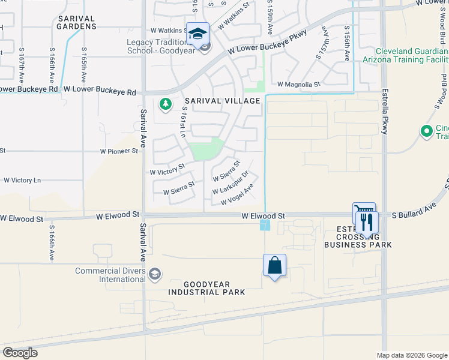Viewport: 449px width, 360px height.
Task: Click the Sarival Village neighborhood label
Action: (x=222, y=101)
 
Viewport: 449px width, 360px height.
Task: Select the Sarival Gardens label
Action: (x=77, y=23)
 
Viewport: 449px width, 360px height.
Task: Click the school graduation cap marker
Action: (x=197, y=34)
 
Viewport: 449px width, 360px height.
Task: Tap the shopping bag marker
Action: (x=274, y=265)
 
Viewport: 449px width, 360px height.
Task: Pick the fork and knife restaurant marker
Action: (x=366, y=222)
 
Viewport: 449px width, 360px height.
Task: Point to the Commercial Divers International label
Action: (x=110, y=275)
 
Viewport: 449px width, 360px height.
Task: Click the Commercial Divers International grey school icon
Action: (x=155, y=274)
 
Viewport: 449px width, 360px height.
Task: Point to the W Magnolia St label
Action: (x=298, y=85)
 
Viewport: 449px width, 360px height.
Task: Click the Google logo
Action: (x=20, y=353)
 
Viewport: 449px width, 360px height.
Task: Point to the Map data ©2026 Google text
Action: (x=411, y=355)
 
